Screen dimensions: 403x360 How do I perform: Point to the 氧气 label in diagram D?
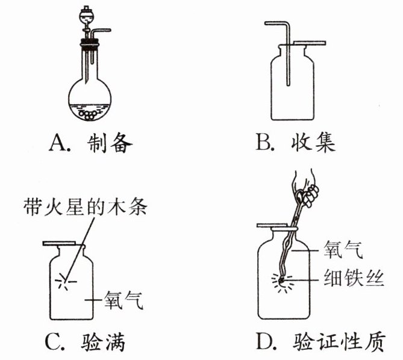(344, 248)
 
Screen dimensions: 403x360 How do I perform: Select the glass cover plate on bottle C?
(60, 244)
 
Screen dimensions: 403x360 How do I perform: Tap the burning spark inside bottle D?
(280, 280)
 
